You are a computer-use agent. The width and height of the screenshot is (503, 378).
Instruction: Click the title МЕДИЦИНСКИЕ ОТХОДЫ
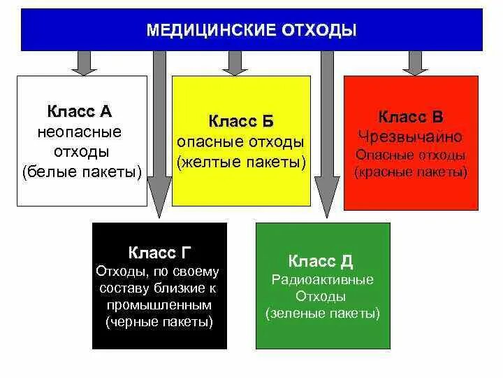[251, 30]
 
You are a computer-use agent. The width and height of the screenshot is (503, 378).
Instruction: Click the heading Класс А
[80, 111]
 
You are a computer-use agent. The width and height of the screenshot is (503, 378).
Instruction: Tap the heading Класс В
[410, 116]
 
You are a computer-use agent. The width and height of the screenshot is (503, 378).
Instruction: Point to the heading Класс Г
[160, 252]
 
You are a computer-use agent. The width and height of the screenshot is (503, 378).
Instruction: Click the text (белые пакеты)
[82, 171]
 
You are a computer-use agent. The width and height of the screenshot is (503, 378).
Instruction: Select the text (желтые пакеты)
[241, 162]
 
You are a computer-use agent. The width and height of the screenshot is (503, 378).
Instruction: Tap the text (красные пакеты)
[411, 171]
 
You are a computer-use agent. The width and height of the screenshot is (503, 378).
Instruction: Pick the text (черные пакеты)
[159, 322]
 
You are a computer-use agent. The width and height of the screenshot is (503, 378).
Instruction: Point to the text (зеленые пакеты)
[322, 313]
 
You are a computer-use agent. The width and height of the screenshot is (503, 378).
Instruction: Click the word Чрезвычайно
[410, 136]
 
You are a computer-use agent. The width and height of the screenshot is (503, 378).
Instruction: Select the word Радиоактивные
[322, 279]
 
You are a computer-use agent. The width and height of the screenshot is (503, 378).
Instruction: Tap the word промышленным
[159, 305]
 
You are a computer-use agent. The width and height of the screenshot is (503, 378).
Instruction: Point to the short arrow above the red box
[415, 62]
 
